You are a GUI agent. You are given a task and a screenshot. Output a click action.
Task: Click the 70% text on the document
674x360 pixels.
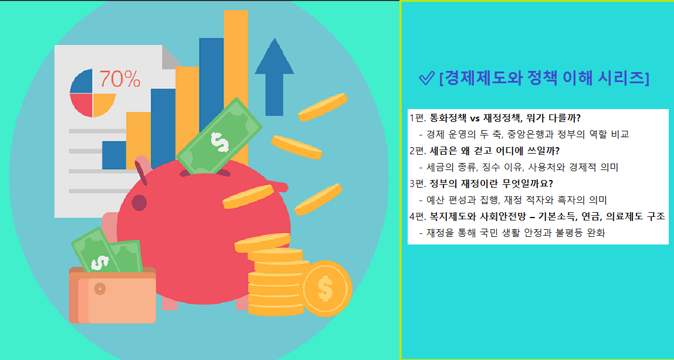(x=120, y=78)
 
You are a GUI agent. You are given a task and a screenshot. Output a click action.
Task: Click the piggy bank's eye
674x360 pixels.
(x=139, y=203)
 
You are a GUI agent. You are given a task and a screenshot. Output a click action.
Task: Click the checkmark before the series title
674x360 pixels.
(x=426, y=78)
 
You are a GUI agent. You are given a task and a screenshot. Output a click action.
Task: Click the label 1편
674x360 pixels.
(x=418, y=117)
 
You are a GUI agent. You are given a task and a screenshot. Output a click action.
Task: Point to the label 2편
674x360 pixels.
(x=418, y=150)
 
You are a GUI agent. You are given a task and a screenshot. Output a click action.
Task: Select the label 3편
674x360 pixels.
(x=418, y=183)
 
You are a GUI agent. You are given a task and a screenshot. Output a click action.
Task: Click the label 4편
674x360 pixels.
(x=418, y=216)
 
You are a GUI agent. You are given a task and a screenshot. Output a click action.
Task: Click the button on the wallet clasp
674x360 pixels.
(x=100, y=288)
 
